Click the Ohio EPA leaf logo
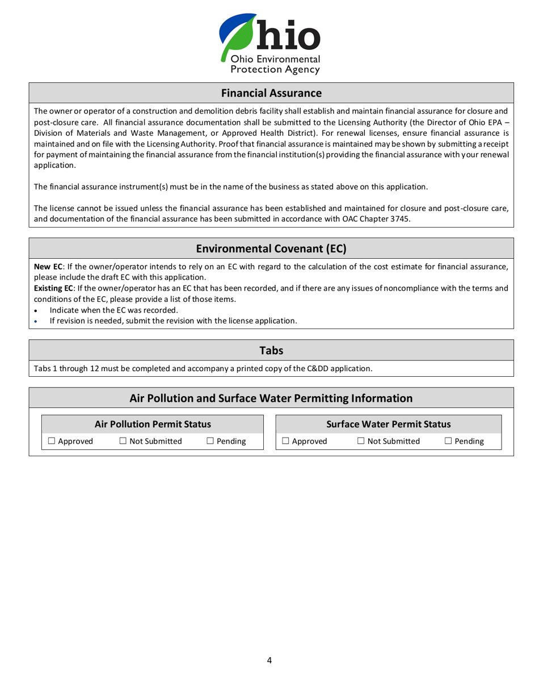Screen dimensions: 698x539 click(238, 35)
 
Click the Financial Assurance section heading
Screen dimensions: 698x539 click(271, 92)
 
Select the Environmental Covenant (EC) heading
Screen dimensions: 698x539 click(271, 248)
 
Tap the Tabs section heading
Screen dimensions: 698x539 click(271, 351)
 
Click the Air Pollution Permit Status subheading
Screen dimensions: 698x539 click(153, 424)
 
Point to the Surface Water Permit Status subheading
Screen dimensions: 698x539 click(389, 424)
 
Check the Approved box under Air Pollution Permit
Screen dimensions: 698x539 click(52, 441)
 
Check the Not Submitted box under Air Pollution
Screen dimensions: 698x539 click(123, 441)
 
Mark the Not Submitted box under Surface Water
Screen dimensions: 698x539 click(361, 441)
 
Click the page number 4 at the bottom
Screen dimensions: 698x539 click(269, 659)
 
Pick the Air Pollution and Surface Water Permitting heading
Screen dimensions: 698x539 click(271, 398)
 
